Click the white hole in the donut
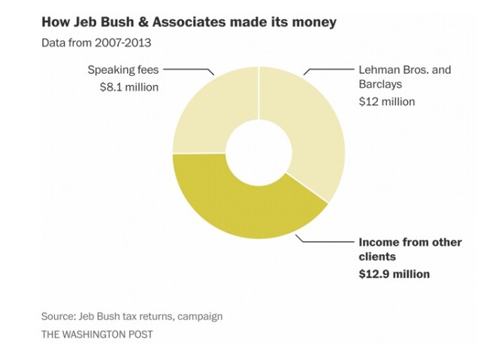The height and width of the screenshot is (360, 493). (259, 153)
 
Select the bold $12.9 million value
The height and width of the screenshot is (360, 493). (394, 274)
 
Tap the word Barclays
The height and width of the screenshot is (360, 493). (380, 85)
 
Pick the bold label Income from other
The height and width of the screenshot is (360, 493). (410, 243)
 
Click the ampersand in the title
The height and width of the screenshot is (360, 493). (153, 23)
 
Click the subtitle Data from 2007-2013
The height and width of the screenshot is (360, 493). (96, 42)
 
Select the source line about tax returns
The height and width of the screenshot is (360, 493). (132, 316)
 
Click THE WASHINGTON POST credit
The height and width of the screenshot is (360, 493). (97, 334)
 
